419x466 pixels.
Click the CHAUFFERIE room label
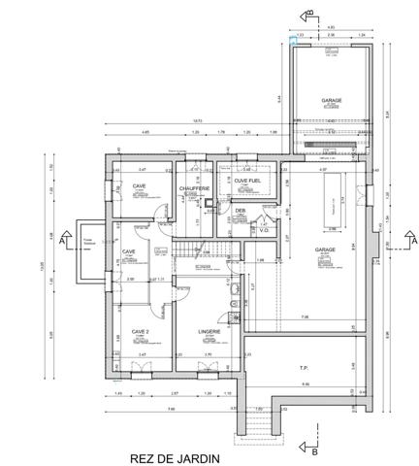[195, 188]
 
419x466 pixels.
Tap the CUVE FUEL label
[248, 181]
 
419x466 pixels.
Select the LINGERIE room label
[209, 331]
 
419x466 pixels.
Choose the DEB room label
[239, 209]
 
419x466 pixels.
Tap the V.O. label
[264, 231]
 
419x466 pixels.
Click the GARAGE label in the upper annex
[333, 100]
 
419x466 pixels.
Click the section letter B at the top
[308, 12]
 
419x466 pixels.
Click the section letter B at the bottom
[315, 450]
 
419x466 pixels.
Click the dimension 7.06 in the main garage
[304, 317]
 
